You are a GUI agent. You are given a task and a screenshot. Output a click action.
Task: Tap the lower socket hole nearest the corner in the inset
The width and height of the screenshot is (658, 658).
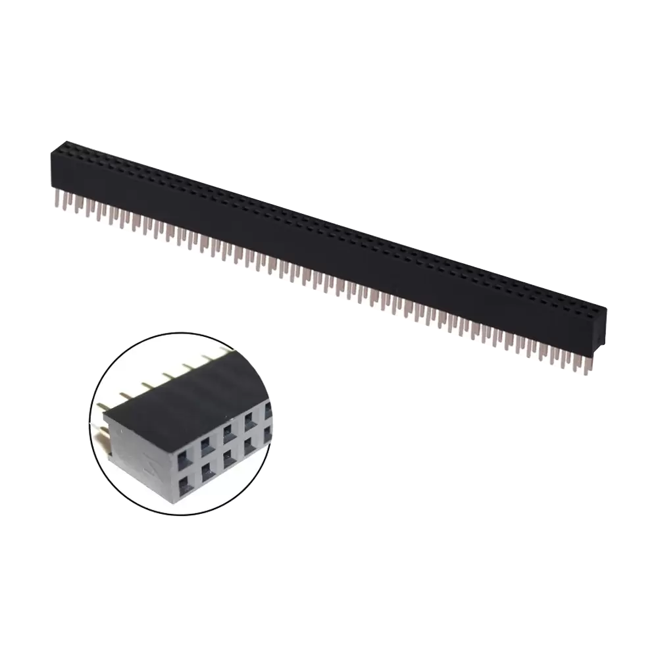point(185,487)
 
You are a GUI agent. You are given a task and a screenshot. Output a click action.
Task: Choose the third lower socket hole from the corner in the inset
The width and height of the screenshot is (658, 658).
point(228,458)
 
